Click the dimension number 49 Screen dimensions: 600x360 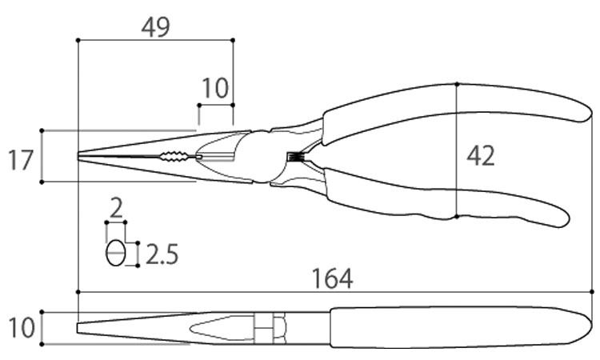[155, 27]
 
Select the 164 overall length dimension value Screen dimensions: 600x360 [332, 278]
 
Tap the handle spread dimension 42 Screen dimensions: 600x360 [481, 156]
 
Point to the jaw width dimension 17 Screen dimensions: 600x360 [21, 160]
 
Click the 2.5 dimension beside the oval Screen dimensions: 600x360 [162, 254]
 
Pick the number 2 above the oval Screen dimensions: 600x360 [115, 208]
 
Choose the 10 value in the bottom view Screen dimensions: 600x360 [22, 328]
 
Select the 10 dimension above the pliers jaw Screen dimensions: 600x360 [215, 88]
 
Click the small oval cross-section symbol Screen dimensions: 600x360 [115, 253]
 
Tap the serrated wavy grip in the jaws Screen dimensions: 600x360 [174, 156]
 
